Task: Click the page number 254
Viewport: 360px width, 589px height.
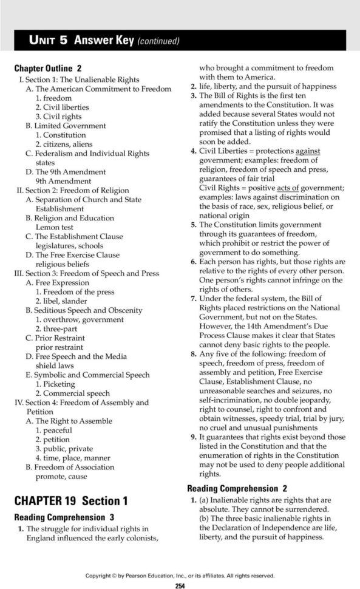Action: tap(180, 585)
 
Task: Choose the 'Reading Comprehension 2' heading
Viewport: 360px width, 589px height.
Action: tap(237, 488)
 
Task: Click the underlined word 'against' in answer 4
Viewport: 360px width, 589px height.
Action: tap(308, 150)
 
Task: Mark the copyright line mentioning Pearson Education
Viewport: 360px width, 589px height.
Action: tap(180, 576)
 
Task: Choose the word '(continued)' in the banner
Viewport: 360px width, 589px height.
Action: tap(158, 41)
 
